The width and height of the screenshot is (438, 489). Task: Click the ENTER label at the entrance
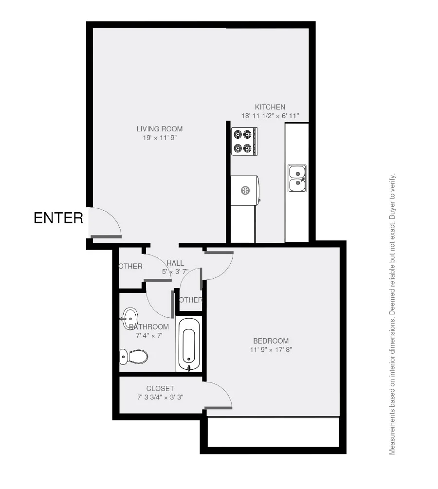click(58, 218)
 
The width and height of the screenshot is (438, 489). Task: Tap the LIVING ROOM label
click(159, 129)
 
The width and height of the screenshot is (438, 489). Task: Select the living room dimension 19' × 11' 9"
click(159, 138)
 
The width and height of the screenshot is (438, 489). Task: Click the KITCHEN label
click(270, 107)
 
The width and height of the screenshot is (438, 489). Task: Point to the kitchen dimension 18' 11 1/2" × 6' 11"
click(270, 116)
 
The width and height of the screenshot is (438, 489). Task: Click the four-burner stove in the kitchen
click(244, 141)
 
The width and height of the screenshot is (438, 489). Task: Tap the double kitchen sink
click(296, 178)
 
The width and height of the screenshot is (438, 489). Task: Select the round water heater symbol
click(245, 190)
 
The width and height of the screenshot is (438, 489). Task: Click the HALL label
click(175, 263)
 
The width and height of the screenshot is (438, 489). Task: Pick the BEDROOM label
click(271, 341)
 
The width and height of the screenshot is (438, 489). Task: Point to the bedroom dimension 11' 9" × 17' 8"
click(271, 349)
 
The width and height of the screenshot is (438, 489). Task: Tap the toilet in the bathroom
click(134, 357)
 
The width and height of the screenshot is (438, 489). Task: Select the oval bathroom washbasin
click(130, 317)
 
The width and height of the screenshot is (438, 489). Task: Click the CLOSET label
click(160, 389)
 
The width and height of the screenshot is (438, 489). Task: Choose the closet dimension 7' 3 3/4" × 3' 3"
click(160, 397)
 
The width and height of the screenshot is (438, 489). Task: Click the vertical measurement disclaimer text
click(393, 314)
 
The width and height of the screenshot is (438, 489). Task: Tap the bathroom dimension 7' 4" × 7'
click(149, 335)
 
